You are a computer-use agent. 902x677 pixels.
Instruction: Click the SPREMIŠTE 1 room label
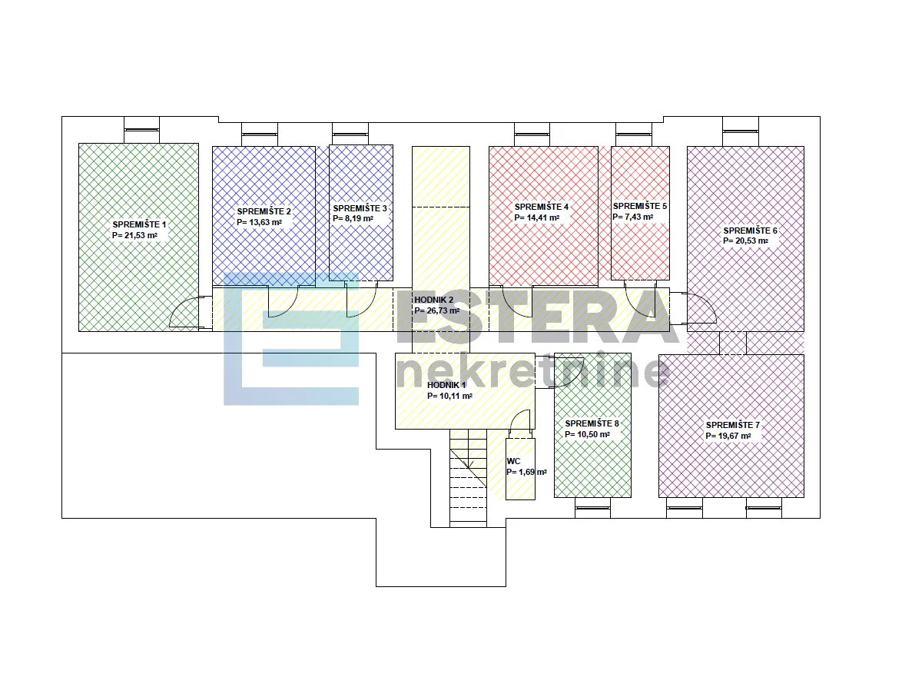pyautogui.click(x=139, y=225)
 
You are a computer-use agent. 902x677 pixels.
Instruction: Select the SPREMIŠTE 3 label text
pyautogui.click(x=360, y=208)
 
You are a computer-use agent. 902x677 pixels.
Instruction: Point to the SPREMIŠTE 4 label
pyautogui.click(x=542, y=207)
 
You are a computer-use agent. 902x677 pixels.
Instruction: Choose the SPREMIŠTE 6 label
pyautogui.click(x=750, y=231)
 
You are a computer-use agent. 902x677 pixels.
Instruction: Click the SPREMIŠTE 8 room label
pyautogui.click(x=592, y=423)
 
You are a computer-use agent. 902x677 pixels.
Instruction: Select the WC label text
pyautogui.click(x=514, y=461)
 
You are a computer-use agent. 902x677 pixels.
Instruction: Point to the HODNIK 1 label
pyautogui.click(x=447, y=386)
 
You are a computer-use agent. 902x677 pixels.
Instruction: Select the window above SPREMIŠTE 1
pyautogui.click(x=141, y=130)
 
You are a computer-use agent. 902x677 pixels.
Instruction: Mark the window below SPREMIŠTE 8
pyautogui.click(x=592, y=508)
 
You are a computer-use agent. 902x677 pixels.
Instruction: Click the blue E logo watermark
pyautogui.click(x=291, y=340)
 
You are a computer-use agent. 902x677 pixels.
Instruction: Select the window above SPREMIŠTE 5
pyautogui.click(x=633, y=134)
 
